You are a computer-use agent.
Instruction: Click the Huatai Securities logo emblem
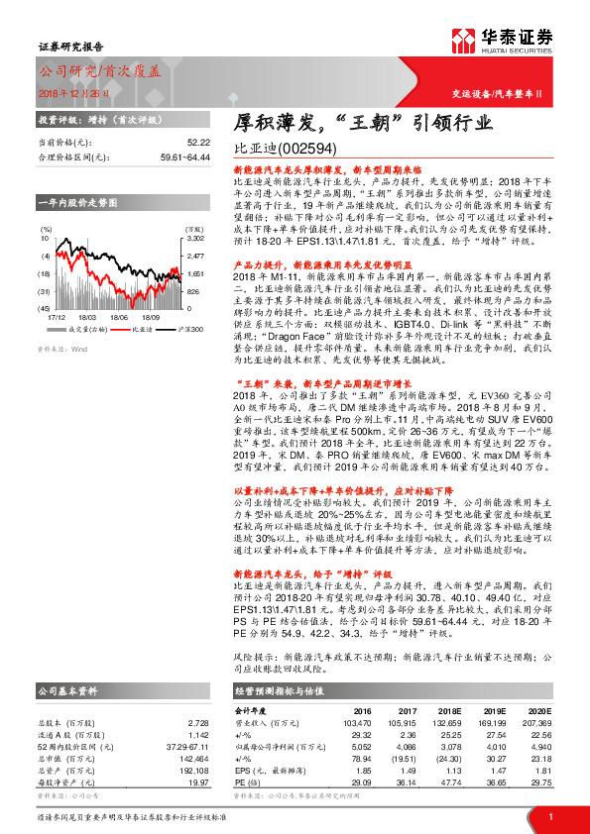coord(463,41)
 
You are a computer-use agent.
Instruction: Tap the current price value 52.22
coord(198,143)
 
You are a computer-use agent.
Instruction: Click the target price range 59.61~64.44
coord(183,156)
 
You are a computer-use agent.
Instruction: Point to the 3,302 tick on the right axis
coord(195,239)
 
